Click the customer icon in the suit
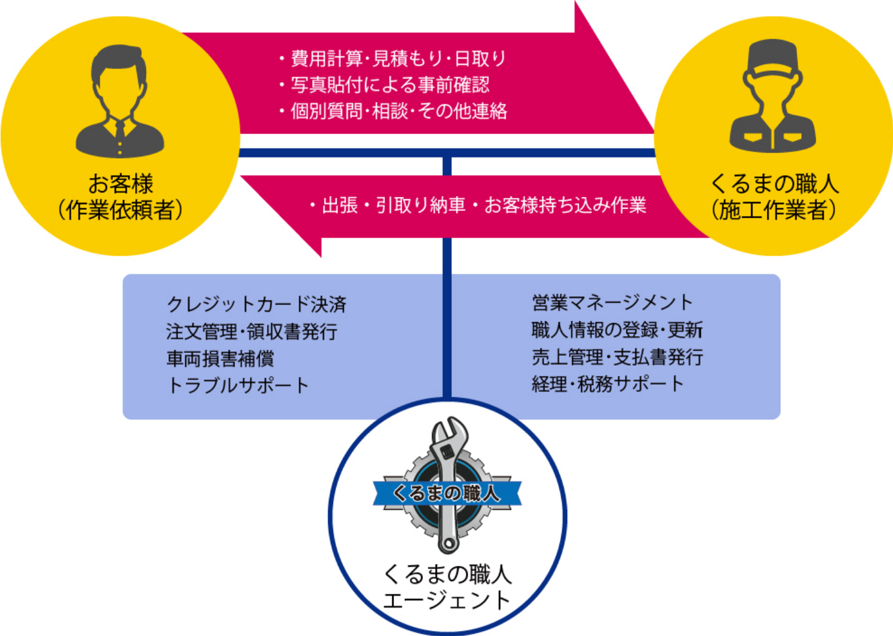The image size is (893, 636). (119, 103)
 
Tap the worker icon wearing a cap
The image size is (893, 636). (773, 97)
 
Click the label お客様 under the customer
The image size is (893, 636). (121, 183)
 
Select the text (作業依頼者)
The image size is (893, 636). (120, 210)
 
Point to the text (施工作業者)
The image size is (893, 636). (774, 210)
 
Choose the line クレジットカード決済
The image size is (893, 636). (256, 304)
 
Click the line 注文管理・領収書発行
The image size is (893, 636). (252, 331)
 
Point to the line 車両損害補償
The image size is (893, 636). (220, 359)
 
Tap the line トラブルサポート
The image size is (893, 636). (238, 386)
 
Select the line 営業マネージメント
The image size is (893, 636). (612, 302)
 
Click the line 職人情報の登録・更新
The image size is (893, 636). (617, 330)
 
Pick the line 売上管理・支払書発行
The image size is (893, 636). (617, 357)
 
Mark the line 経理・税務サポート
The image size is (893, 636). (608, 384)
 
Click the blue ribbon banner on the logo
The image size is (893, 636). (447, 493)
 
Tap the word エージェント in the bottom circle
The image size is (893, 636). (447, 601)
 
